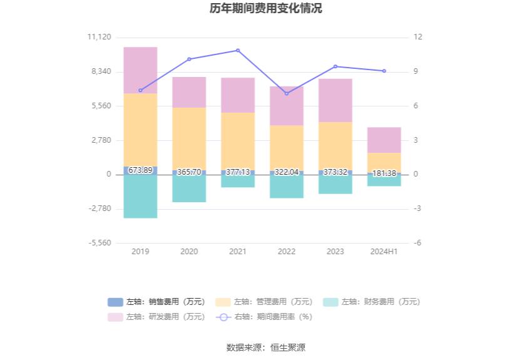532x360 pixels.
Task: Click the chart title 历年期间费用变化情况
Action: pos(266,9)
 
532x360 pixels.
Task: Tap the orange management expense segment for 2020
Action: pos(189,138)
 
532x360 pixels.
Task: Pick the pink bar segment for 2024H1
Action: pos(384,140)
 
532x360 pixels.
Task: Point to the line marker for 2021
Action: pos(238,50)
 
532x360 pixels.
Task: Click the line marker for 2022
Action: pos(287,94)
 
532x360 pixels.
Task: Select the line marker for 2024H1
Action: pos(384,71)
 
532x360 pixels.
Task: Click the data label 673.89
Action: pos(140,170)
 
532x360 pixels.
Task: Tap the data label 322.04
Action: pos(287,172)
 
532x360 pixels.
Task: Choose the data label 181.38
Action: pos(384,173)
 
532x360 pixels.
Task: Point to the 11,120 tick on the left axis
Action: pos(100,37)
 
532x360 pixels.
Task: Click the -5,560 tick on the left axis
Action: pos(100,243)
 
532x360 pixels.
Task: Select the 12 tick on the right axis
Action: pos(418,37)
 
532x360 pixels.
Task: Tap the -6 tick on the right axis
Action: pos(417,243)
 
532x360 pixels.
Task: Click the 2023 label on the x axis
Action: pos(335,252)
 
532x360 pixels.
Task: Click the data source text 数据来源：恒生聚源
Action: pos(266,347)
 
